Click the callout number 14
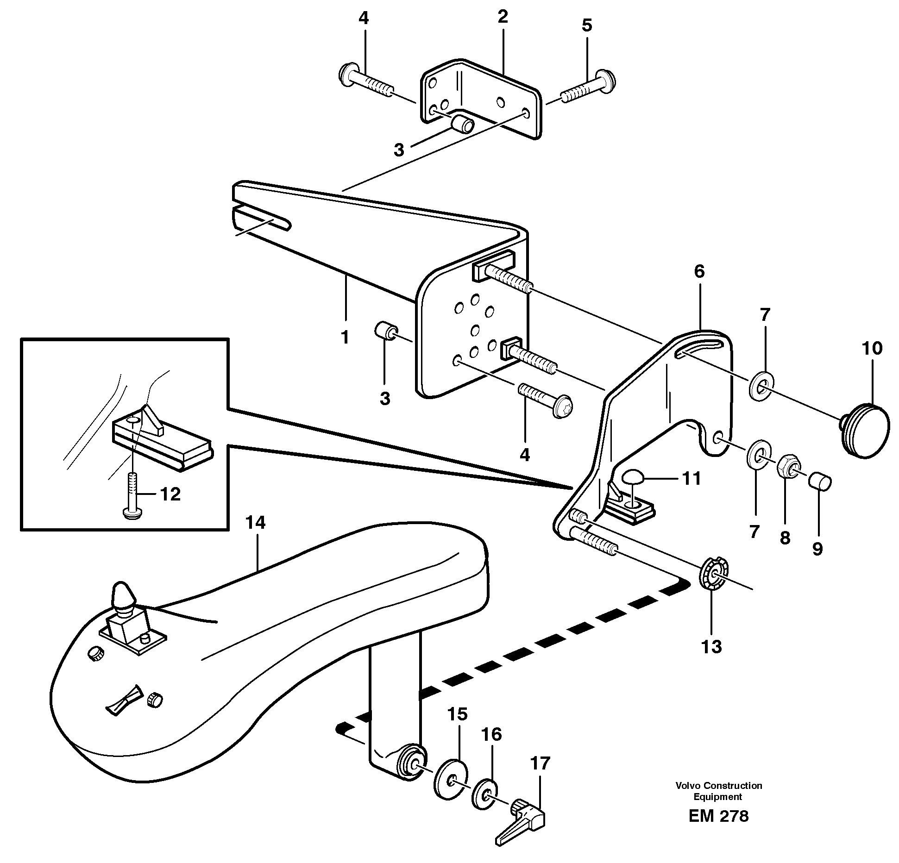(x=255, y=523)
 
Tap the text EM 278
(x=718, y=816)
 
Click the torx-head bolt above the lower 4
(x=547, y=401)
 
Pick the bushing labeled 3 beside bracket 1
(x=385, y=331)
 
